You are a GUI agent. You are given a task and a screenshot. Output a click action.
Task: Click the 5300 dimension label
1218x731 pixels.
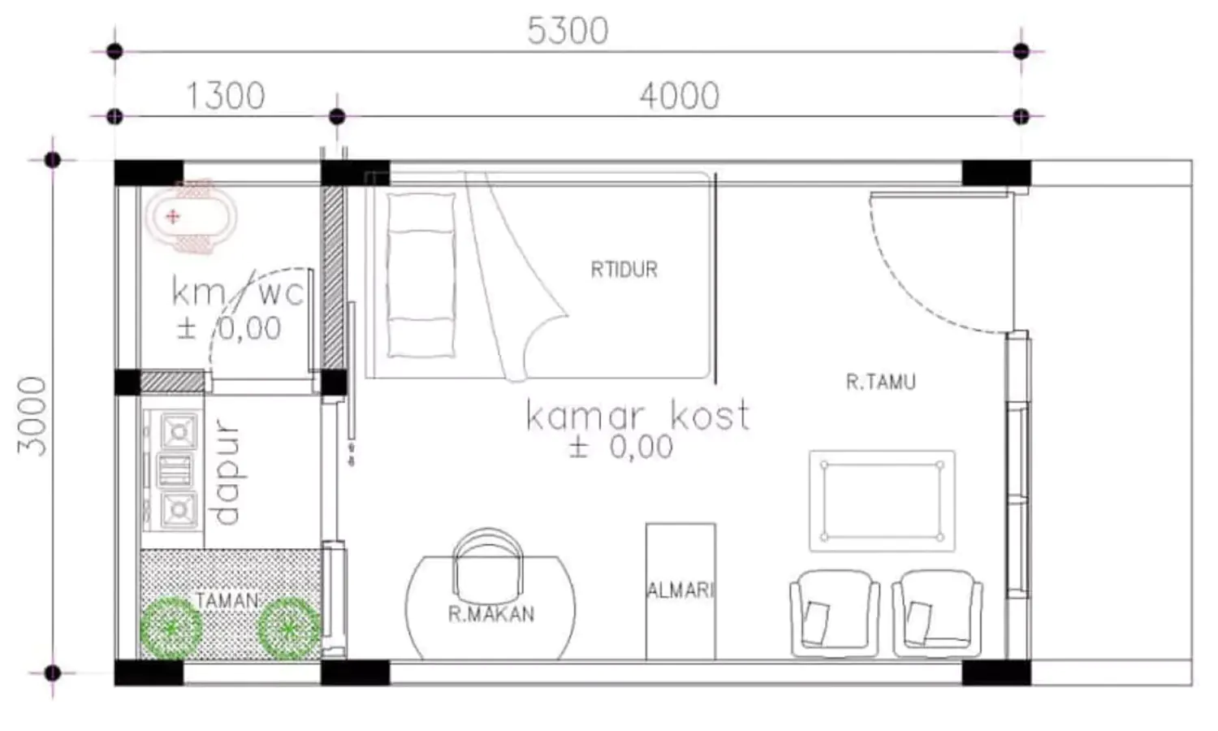[x=568, y=31]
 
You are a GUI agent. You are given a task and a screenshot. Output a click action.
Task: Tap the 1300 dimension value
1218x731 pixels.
[x=226, y=96]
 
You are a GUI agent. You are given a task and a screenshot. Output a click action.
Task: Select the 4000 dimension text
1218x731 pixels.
[x=679, y=97]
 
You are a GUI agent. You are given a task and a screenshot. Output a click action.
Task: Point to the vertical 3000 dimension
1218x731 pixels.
[x=32, y=416]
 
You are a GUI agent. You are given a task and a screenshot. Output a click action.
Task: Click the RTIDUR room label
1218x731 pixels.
[x=624, y=270]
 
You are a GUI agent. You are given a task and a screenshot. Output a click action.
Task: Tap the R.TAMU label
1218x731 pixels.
[x=881, y=382]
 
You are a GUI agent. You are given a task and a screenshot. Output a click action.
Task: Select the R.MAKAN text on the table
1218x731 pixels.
[x=491, y=614]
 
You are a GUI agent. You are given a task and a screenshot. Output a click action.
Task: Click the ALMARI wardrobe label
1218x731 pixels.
[x=680, y=590]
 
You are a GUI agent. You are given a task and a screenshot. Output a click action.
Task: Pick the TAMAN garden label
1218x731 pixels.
[x=227, y=601]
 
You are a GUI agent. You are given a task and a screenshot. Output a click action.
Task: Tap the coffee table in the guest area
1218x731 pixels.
[x=882, y=501]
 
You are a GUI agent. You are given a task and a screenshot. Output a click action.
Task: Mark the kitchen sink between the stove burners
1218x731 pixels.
[x=175, y=470]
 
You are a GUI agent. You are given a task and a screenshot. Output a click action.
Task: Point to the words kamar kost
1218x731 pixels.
[x=637, y=416]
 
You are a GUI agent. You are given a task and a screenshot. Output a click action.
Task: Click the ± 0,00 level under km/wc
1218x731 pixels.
[x=229, y=328]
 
